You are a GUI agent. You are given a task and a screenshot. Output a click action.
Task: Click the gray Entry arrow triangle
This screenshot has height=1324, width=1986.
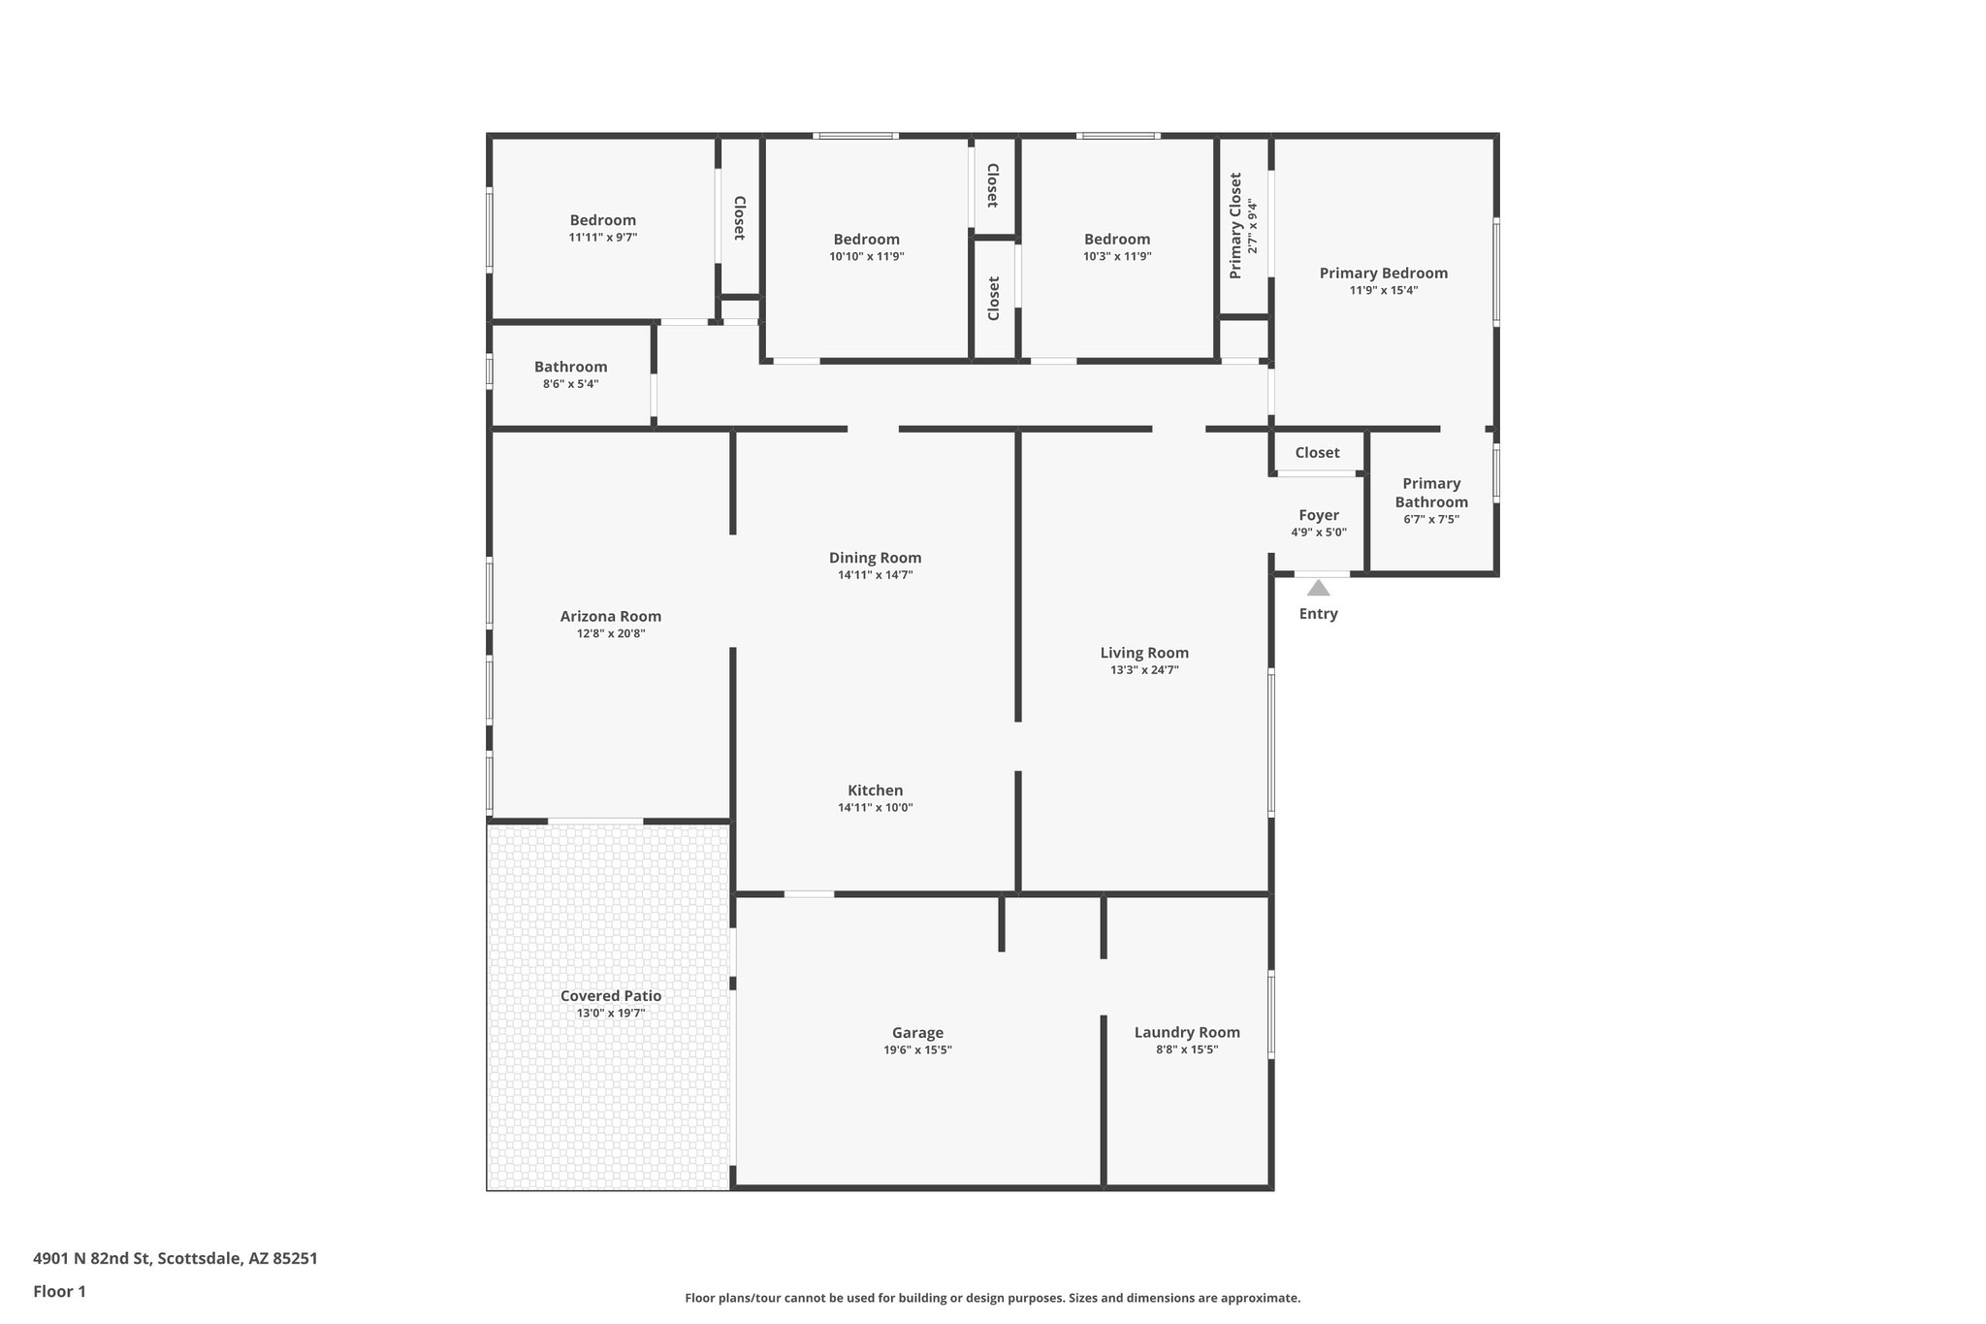1318,588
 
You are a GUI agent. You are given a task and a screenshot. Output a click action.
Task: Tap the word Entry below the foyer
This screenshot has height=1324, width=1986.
1318,614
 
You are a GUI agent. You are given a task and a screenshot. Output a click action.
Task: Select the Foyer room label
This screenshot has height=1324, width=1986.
1318,515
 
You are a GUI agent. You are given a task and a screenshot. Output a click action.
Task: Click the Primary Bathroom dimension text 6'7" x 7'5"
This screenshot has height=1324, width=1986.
1431,519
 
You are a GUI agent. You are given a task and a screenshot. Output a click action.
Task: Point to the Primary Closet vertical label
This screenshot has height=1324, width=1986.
1235,226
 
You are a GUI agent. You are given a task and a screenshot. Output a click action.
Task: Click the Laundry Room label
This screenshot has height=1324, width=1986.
1187,1032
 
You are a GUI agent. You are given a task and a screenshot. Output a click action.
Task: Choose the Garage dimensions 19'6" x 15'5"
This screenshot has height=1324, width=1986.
917,1050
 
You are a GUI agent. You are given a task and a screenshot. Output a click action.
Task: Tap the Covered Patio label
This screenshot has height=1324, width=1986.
611,995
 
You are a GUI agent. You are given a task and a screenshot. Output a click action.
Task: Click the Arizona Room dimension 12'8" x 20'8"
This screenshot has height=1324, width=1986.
611,633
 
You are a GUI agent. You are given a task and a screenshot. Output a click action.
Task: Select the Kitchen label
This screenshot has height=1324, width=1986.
875,791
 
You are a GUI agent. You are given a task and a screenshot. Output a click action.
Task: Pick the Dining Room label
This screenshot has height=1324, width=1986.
875,558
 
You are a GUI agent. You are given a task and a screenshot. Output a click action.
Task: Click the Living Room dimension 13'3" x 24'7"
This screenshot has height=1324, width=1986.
1144,670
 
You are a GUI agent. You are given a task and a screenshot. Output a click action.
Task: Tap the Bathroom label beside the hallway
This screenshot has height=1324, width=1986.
570,367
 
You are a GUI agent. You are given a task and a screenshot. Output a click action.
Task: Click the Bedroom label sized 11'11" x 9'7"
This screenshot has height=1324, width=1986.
602,220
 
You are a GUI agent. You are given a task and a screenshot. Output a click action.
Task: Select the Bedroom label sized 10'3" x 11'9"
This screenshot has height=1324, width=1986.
1117,239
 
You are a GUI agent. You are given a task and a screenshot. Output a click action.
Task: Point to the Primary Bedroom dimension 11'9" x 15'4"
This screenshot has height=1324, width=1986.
1384,290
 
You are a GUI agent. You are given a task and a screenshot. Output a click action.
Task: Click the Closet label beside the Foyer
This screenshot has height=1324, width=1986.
1317,453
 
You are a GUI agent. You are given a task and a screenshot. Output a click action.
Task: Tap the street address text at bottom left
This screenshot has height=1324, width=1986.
176,1259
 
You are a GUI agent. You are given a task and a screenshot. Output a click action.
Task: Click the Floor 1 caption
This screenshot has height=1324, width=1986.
59,1292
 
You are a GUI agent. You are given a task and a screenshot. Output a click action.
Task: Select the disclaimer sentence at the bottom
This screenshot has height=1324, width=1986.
992,1298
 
